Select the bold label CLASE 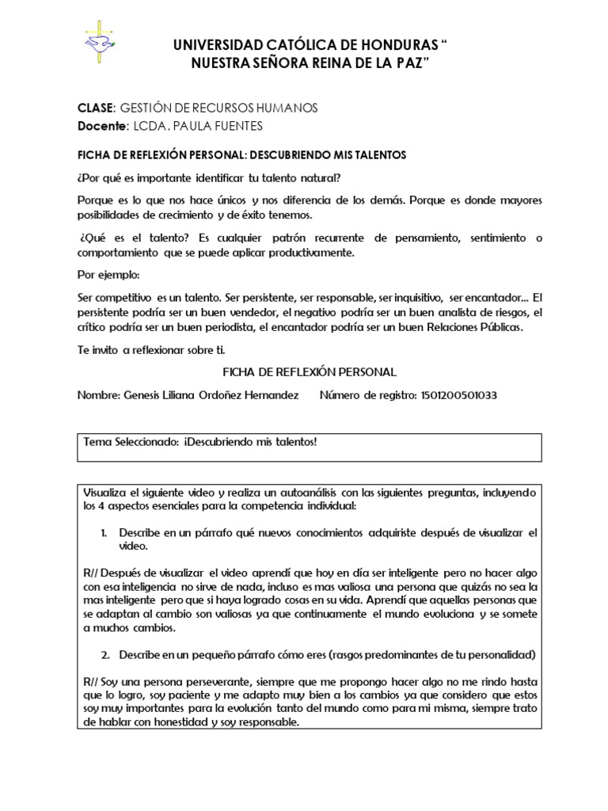95,109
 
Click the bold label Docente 101,126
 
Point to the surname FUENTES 234,126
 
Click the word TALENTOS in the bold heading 379,155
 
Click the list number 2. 104,655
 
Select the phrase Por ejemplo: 108,275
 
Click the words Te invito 97,350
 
